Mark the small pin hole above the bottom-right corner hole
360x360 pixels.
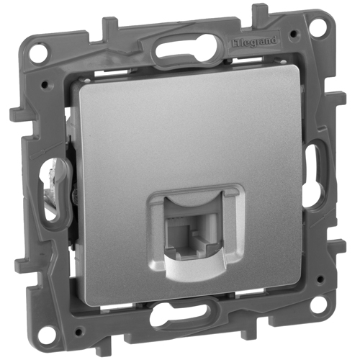click(319, 279)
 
